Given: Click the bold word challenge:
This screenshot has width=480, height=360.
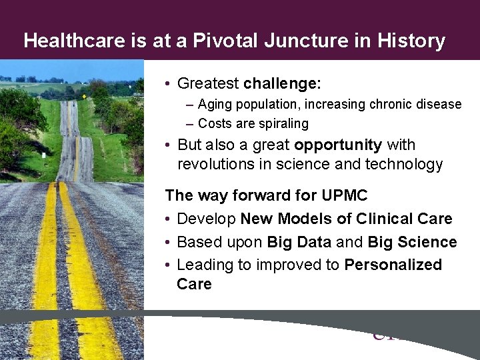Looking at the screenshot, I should click(x=282, y=83).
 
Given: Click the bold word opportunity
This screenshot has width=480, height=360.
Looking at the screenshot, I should click(x=337, y=145).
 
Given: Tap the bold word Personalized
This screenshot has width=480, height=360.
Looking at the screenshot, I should click(x=393, y=265).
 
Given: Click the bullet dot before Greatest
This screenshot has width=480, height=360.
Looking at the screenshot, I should click(x=169, y=84).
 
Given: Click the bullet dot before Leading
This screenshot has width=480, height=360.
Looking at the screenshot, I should click(x=169, y=265).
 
